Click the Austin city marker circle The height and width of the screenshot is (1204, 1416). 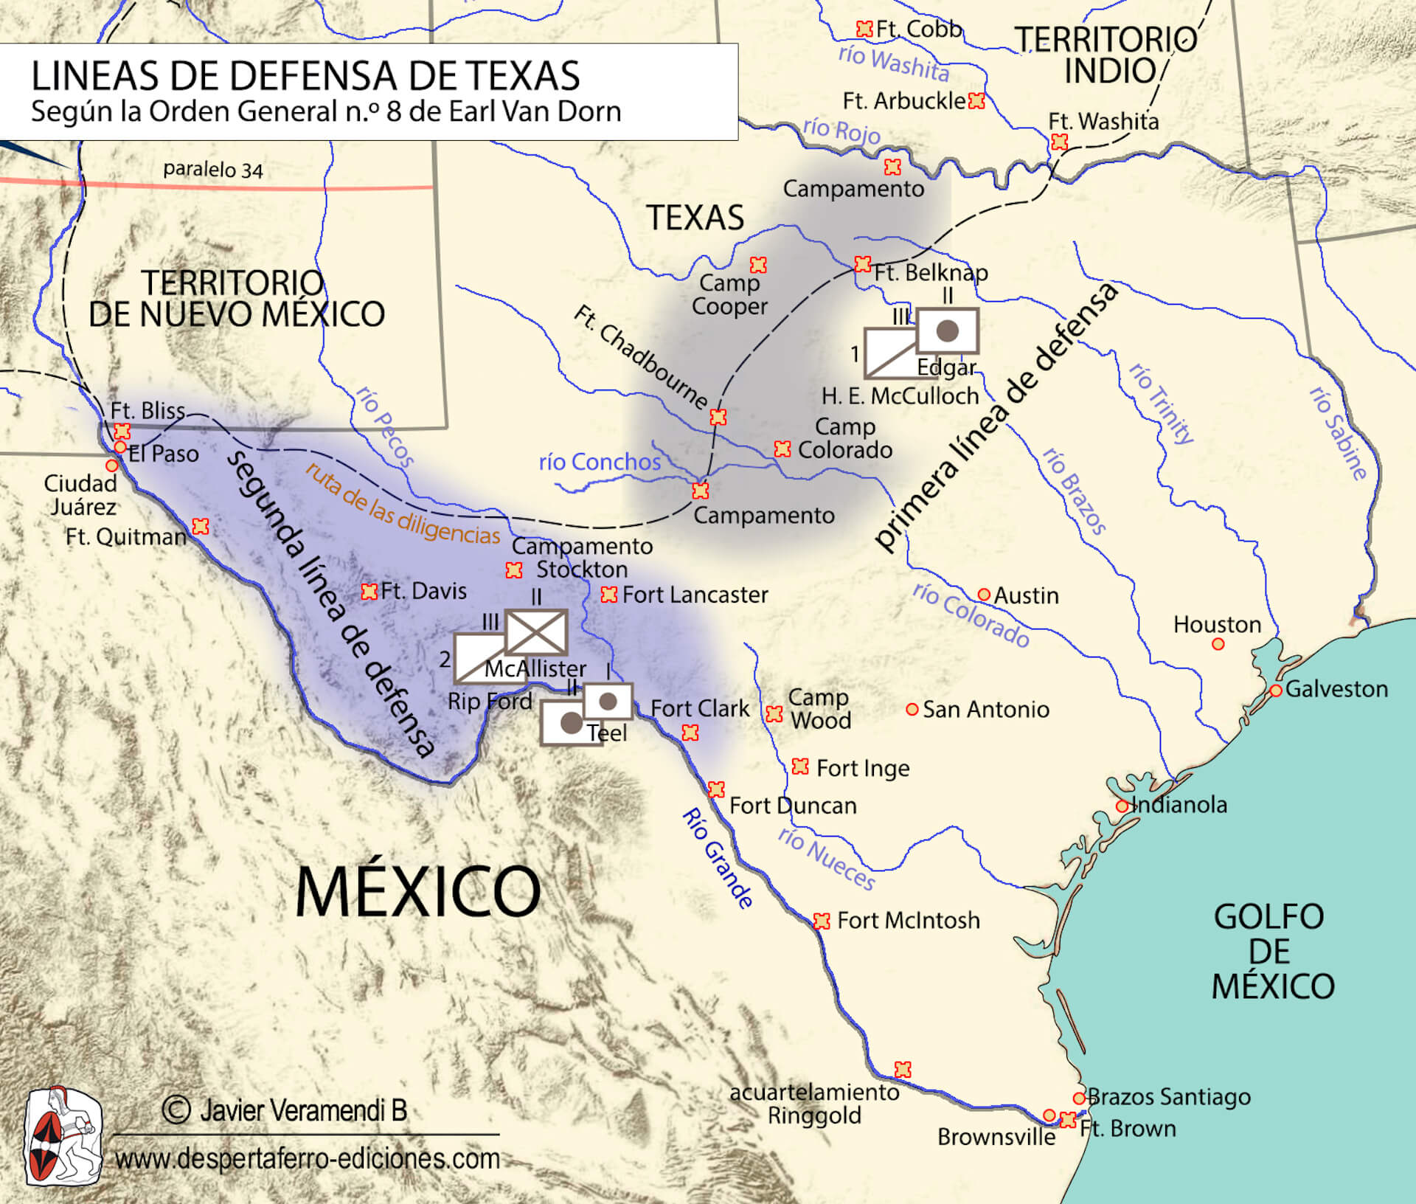coord(983,595)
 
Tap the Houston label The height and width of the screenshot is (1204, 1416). coord(1217,625)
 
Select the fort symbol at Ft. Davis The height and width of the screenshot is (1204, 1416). coord(369,592)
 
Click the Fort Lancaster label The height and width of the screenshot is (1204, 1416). coord(695,595)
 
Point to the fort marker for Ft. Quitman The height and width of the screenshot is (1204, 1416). coord(201,527)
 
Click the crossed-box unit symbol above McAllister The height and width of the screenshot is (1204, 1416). coord(536,632)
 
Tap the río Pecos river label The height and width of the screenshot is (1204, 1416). coord(385,426)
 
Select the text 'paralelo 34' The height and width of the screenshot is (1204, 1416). coord(212,170)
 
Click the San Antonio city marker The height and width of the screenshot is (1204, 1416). coord(912,709)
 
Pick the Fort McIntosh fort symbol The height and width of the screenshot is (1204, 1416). coord(822,921)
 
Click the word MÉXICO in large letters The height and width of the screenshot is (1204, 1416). coord(417,892)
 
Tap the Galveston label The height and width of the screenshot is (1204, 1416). coord(1336,689)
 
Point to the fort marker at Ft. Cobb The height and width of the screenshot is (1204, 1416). coord(864,29)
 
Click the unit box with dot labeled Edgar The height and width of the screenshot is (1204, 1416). coord(948,331)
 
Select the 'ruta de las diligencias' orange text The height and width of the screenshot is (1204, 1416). coord(403,505)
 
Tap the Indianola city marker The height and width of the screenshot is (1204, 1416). coord(1122,806)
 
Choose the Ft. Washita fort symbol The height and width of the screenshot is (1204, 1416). coord(1060,142)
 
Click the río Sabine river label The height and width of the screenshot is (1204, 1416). coord(1339,434)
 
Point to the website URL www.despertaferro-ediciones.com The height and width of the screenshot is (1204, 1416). coord(308,1158)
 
